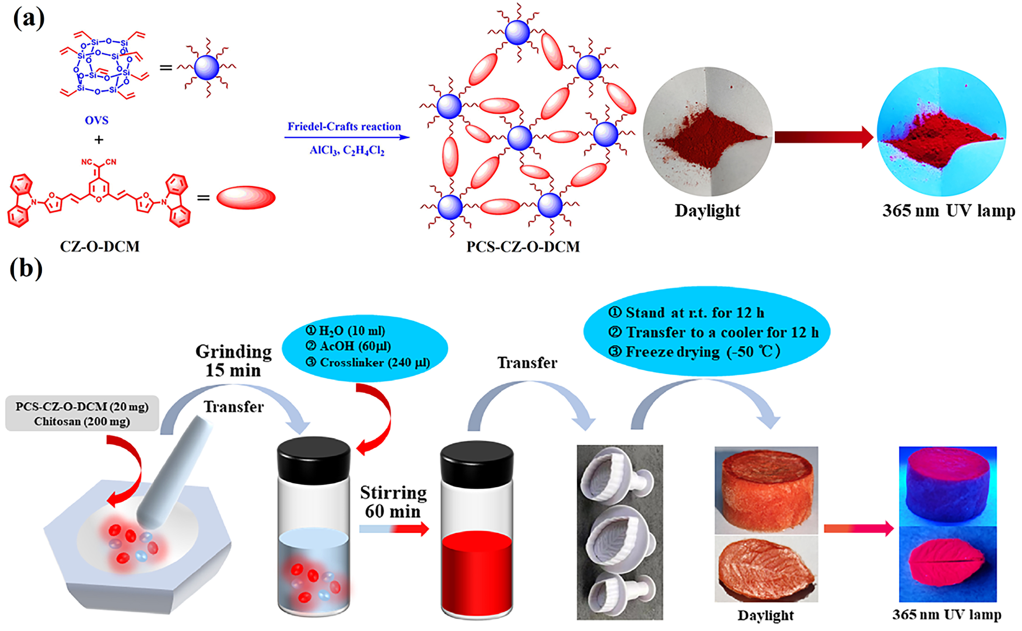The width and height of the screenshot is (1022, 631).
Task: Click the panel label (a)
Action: pos(28,19)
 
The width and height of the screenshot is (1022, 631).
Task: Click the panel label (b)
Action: pos(26,268)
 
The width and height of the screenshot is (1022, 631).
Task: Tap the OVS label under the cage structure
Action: pos(96,121)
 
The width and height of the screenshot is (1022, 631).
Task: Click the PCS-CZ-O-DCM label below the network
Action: pos(523,247)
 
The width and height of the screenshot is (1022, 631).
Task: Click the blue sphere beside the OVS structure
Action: pos(207,68)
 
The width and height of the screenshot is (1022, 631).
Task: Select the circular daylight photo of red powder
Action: pos(707,132)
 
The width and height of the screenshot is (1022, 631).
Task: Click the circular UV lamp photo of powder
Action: pos(942,132)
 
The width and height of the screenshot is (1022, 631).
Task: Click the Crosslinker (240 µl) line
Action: pos(368,362)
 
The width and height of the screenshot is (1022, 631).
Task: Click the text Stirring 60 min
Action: pos(393,502)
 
